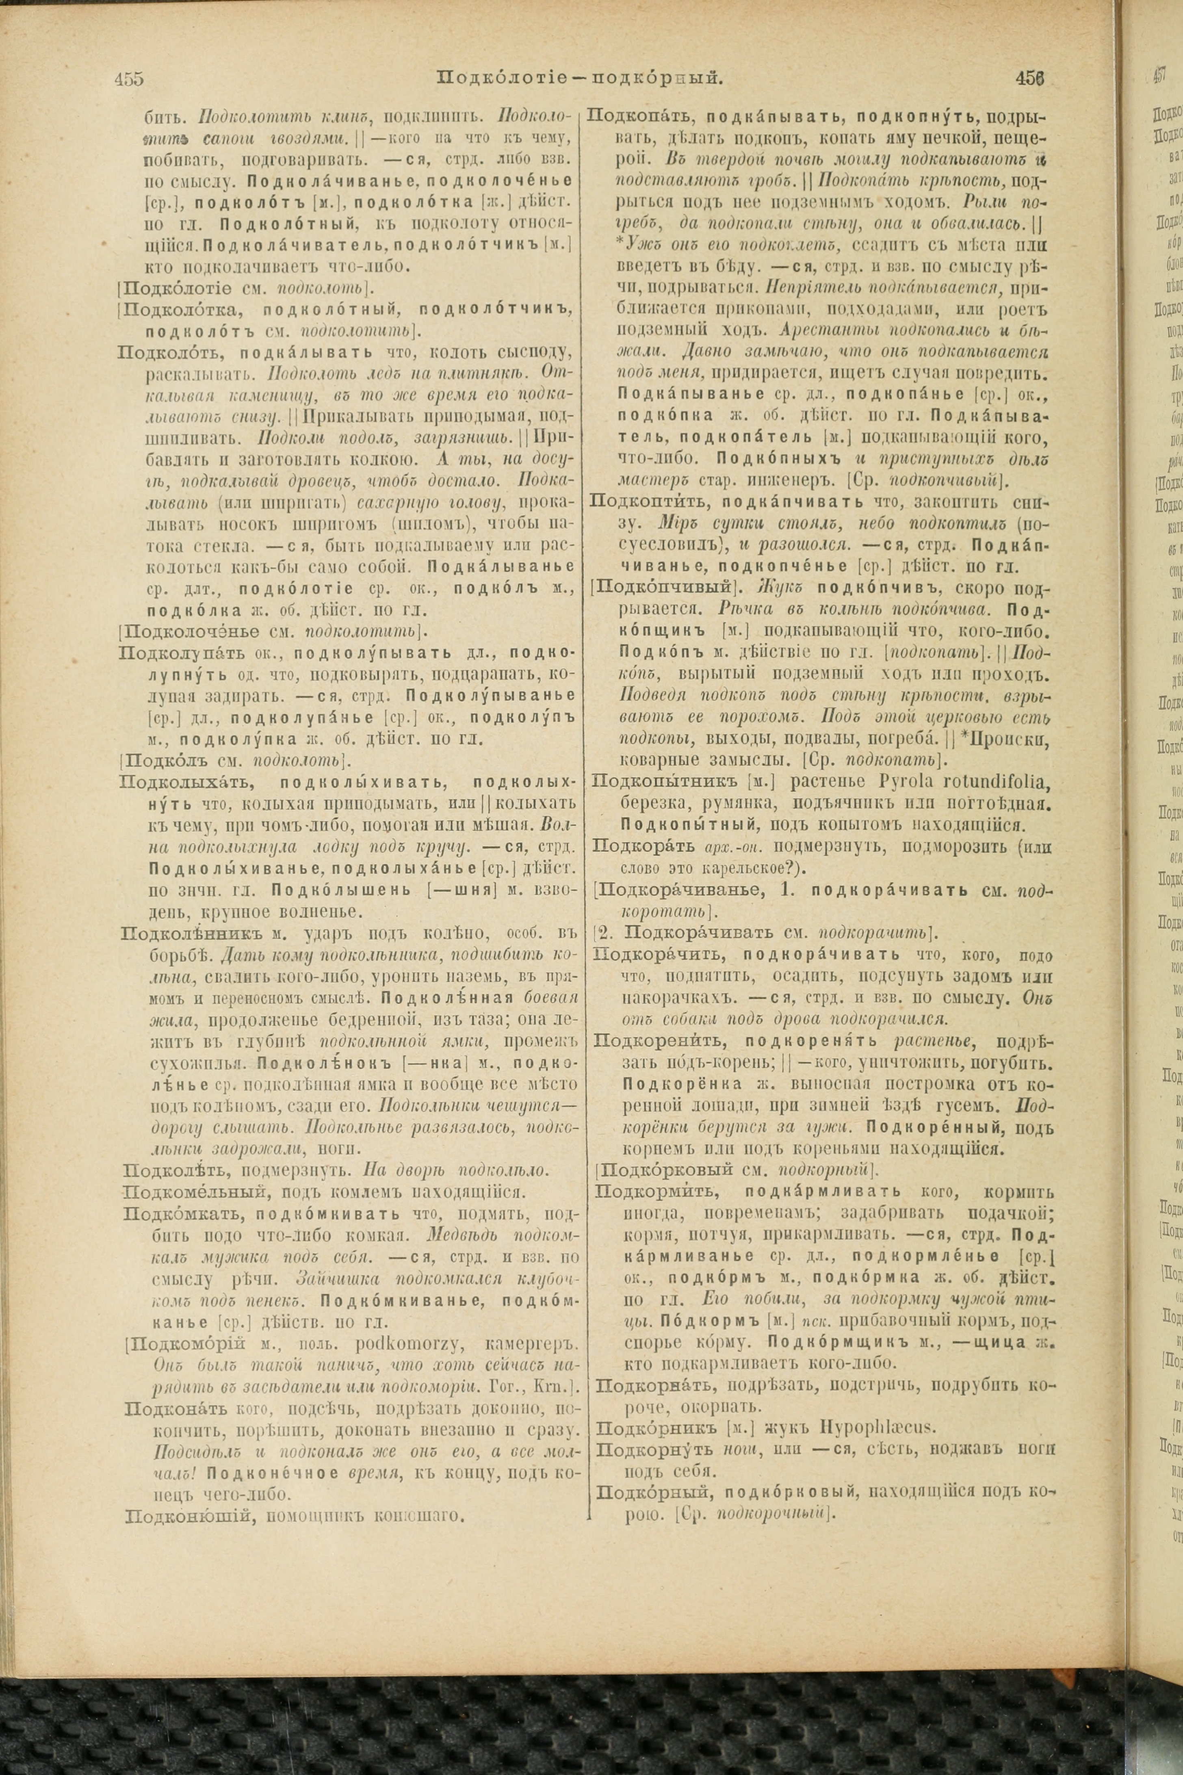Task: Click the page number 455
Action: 129,78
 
